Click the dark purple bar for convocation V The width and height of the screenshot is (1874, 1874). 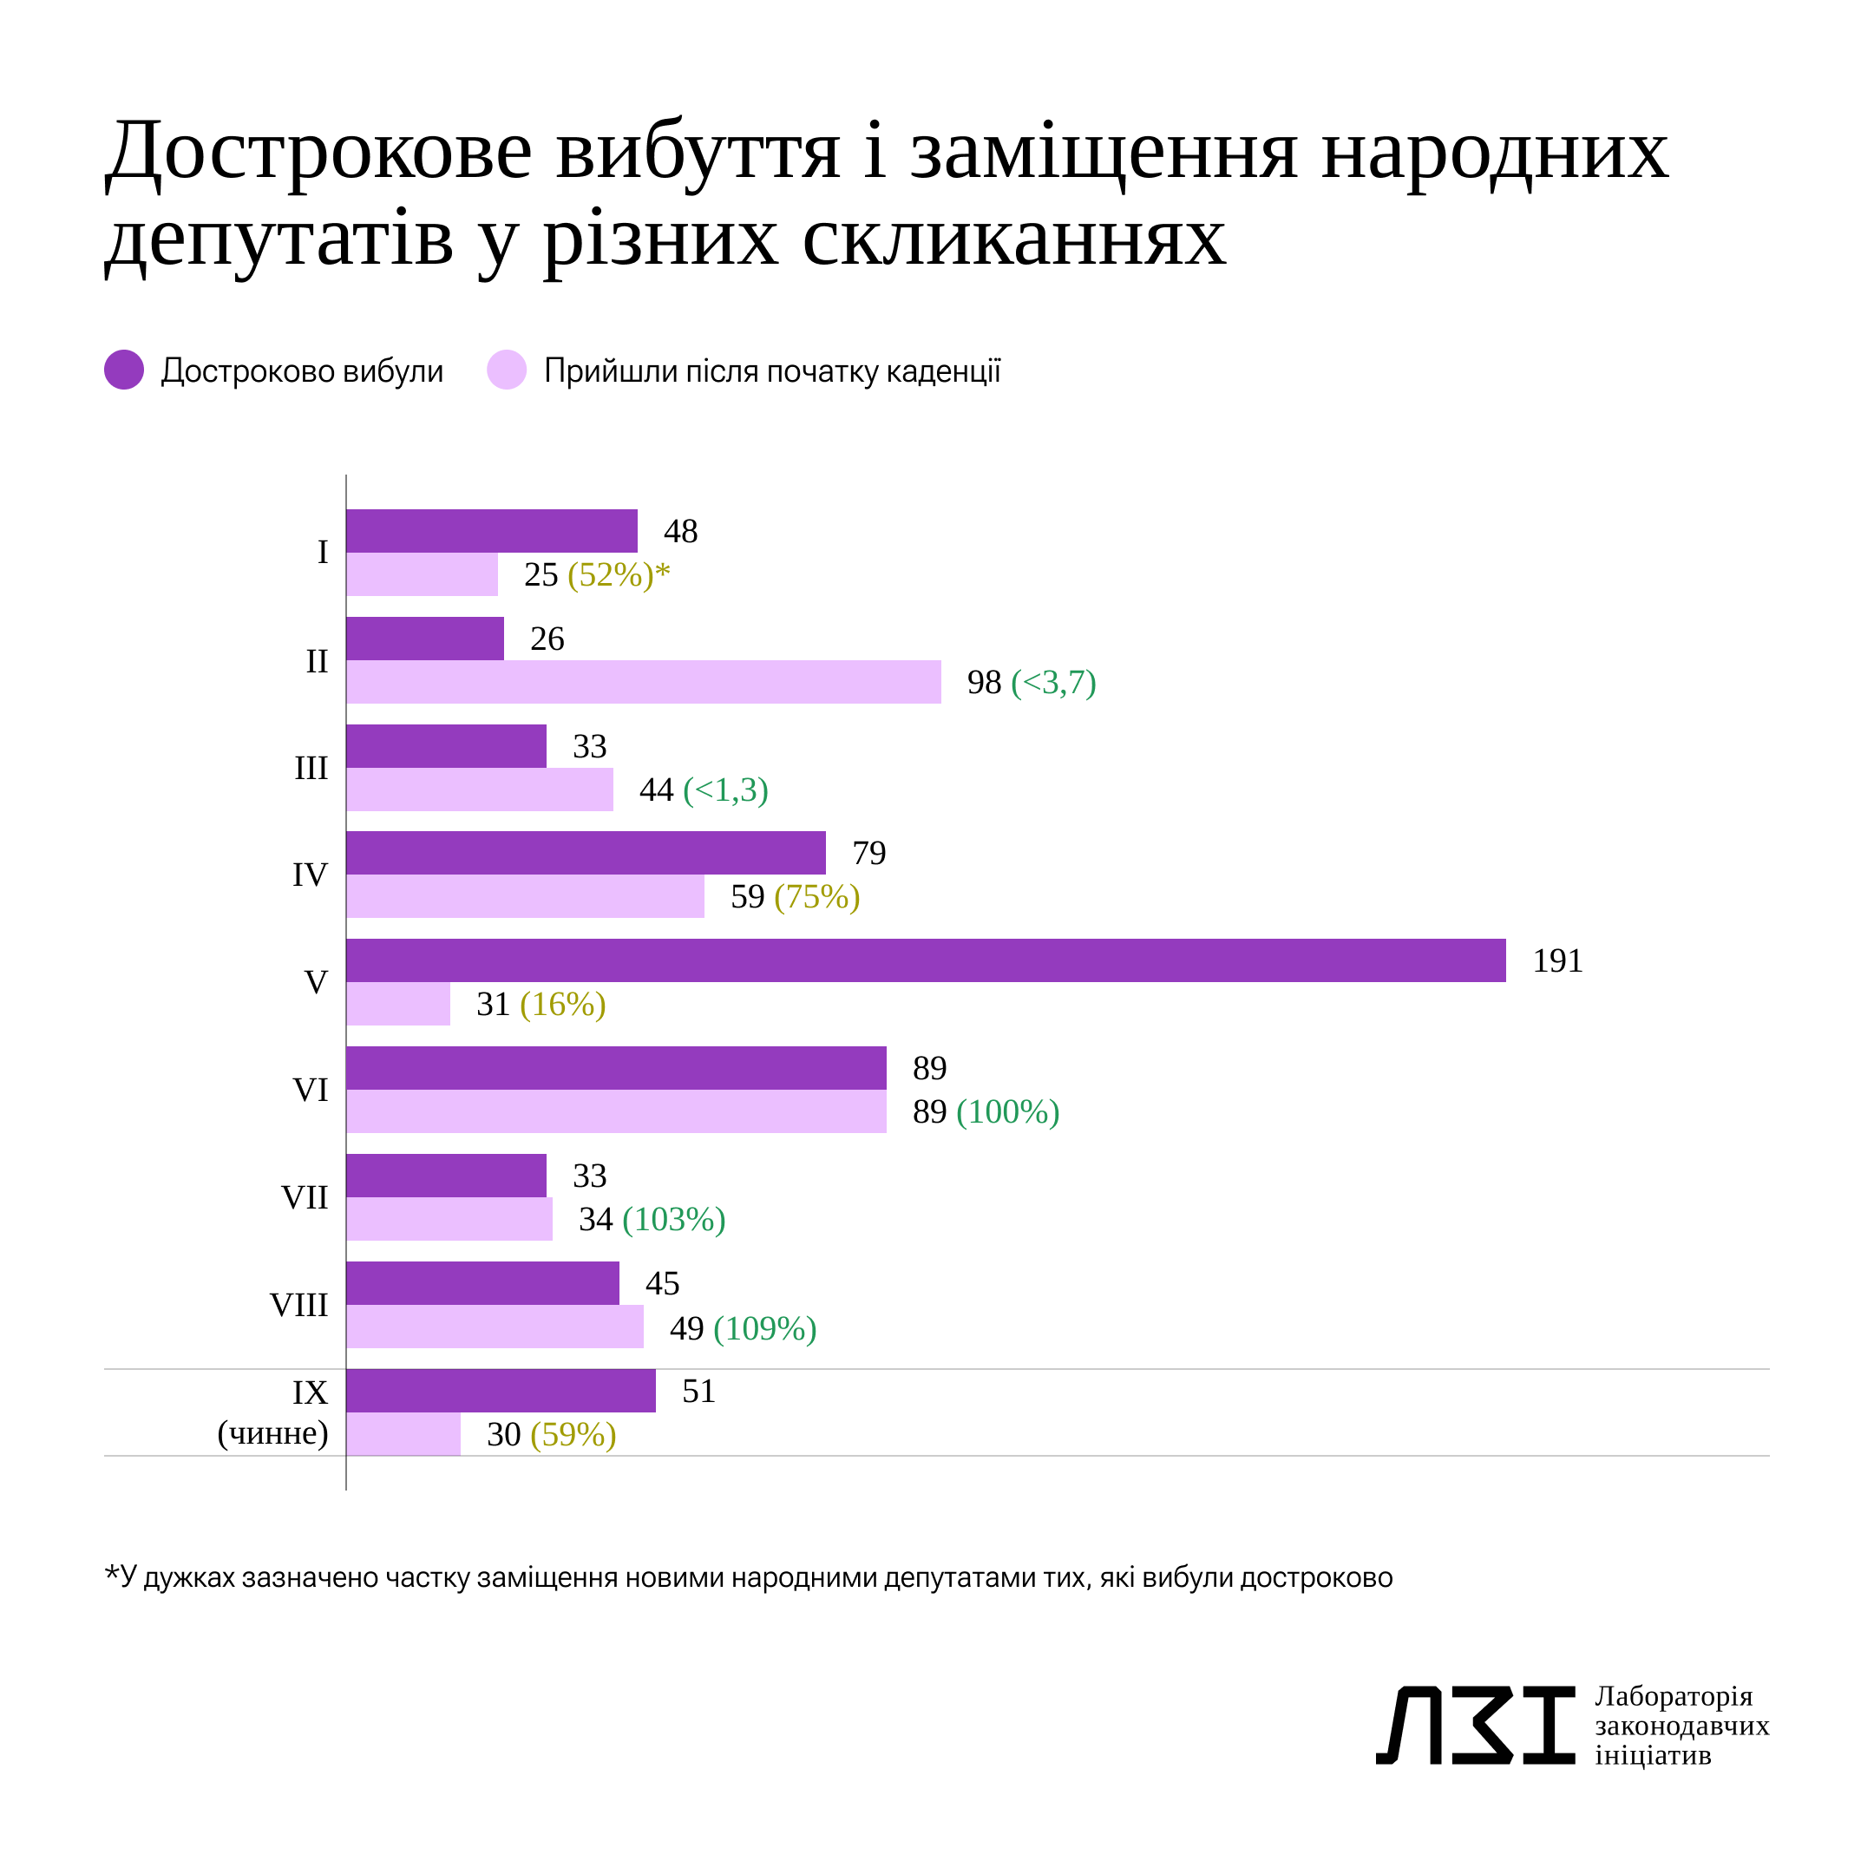[x=926, y=960]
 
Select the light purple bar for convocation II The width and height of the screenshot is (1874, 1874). [x=643, y=682]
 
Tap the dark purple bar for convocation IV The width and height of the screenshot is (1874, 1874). [x=586, y=853]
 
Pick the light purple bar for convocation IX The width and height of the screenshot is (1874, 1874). [x=403, y=1433]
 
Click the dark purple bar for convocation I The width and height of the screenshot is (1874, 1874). [x=492, y=531]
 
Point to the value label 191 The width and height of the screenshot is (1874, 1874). [x=1556, y=960]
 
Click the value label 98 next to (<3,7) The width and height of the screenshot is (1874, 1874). [x=984, y=682]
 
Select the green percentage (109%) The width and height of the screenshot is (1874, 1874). [x=764, y=1328]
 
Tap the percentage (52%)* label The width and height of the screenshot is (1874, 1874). [x=618, y=574]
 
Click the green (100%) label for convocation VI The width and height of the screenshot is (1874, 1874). [x=1008, y=1111]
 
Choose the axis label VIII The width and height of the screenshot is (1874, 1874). [x=298, y=1305]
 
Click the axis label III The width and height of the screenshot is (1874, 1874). [x=311, y=767]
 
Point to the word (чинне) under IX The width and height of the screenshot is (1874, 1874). [x=272, y=1432]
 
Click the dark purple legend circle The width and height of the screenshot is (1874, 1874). [x=124, y=370]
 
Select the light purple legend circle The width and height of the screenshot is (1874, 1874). [x=507, y=370]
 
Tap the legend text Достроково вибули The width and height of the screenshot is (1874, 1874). [x=302, y=370]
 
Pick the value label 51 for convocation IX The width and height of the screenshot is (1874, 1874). [x=698, y=1391]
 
